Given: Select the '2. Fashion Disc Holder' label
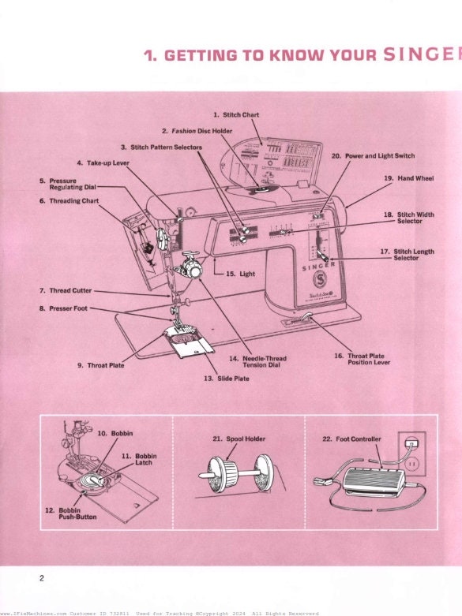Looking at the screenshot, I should point(197,130).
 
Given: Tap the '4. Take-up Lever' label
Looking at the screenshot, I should point(103,162).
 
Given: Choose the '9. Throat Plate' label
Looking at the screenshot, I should point(100,365).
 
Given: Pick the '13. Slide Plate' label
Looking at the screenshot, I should point(227,379).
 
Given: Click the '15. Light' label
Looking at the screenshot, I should point(240,274).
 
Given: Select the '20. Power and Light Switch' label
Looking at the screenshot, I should point(373,156).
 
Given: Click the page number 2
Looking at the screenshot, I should point(42,578).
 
